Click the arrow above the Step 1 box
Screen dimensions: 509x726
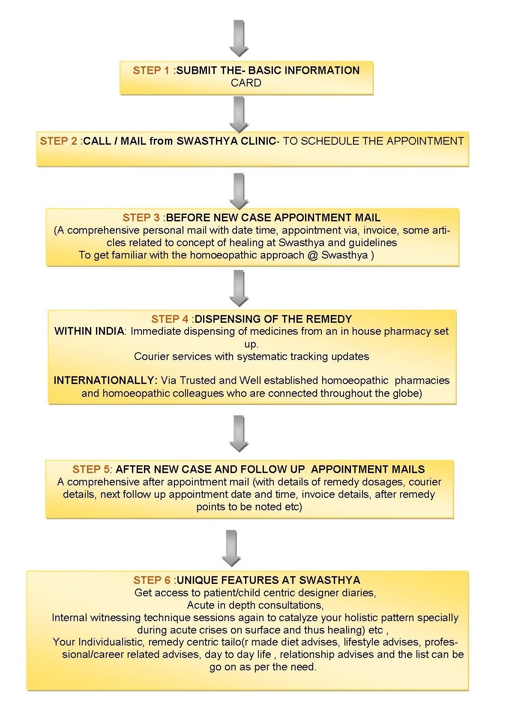(x=239, y=38)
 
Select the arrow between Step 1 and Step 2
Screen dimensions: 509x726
(x=239, y=114)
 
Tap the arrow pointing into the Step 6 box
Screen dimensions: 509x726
(x=231, y=548)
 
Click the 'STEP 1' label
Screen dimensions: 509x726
(x=151, y=70)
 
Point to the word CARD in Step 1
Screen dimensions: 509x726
(x=246, y=83)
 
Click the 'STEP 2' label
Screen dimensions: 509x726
(x=58, y=141)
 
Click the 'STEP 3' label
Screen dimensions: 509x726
(x=141, y=217)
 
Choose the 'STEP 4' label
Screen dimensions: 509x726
(x=170, y=319)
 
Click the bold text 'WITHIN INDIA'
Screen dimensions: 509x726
(x=89, y=331)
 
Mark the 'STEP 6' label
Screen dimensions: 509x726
(x=152, y=580)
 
